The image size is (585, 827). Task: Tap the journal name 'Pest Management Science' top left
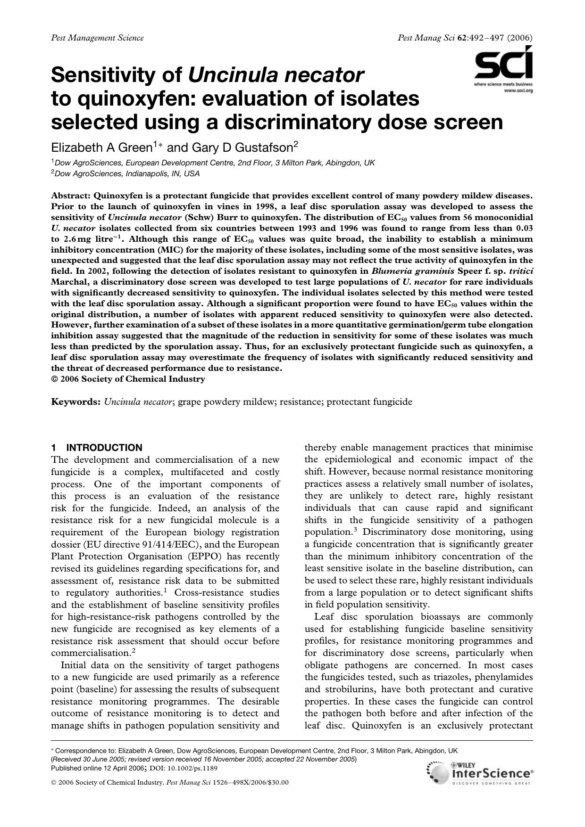tap(97, 38)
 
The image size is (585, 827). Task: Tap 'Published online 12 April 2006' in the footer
tap(99, 768)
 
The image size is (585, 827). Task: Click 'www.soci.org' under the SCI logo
tap(518, 90)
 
